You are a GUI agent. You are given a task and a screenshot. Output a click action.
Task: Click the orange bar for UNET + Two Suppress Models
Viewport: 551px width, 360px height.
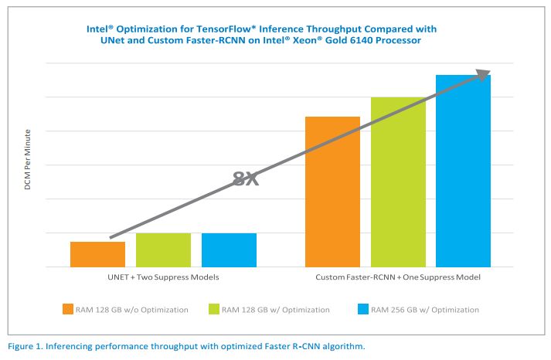click(x=97, y=254)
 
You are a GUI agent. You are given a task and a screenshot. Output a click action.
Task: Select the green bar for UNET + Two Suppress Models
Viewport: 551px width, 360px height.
click(x=163, y=250)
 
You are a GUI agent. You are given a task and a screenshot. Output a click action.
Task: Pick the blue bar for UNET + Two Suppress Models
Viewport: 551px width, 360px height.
click(x=229, y=250)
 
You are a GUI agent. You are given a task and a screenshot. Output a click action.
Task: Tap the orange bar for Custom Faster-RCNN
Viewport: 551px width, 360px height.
click(x=332, y=192)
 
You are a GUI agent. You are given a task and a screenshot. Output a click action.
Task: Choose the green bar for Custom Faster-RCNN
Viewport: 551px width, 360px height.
click(x=398, y=182)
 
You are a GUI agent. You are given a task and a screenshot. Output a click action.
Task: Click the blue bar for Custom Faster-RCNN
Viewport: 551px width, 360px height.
click(x=463, y=171)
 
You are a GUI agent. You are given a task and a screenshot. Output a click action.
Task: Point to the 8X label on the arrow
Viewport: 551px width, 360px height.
click(x=246, y=179)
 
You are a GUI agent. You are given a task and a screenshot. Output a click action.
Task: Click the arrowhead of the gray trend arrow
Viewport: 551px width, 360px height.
click(x=483, y=74)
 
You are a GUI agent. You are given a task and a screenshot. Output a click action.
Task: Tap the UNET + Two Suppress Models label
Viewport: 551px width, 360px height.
click(x=163, y=277)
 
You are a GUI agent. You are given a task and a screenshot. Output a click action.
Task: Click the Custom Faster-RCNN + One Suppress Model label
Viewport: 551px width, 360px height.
click(x=398, y=277)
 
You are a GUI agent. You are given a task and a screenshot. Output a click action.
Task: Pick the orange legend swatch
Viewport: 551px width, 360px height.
click(x=68, y=310)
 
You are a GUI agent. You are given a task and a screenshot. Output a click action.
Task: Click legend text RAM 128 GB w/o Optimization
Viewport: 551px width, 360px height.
click(x=131, y=310)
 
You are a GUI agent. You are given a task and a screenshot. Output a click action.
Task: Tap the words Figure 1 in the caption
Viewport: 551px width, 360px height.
click(x=26, y=346)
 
